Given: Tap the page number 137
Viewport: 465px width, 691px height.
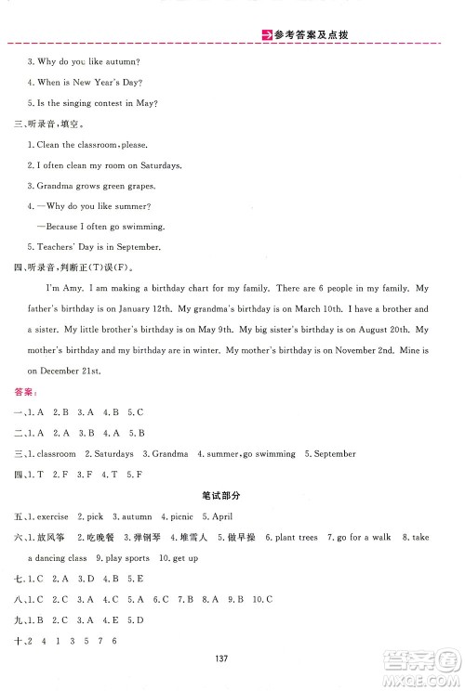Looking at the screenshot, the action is (x=221, y=658).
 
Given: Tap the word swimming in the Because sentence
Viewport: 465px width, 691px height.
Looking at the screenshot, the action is (x=144, y=227).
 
